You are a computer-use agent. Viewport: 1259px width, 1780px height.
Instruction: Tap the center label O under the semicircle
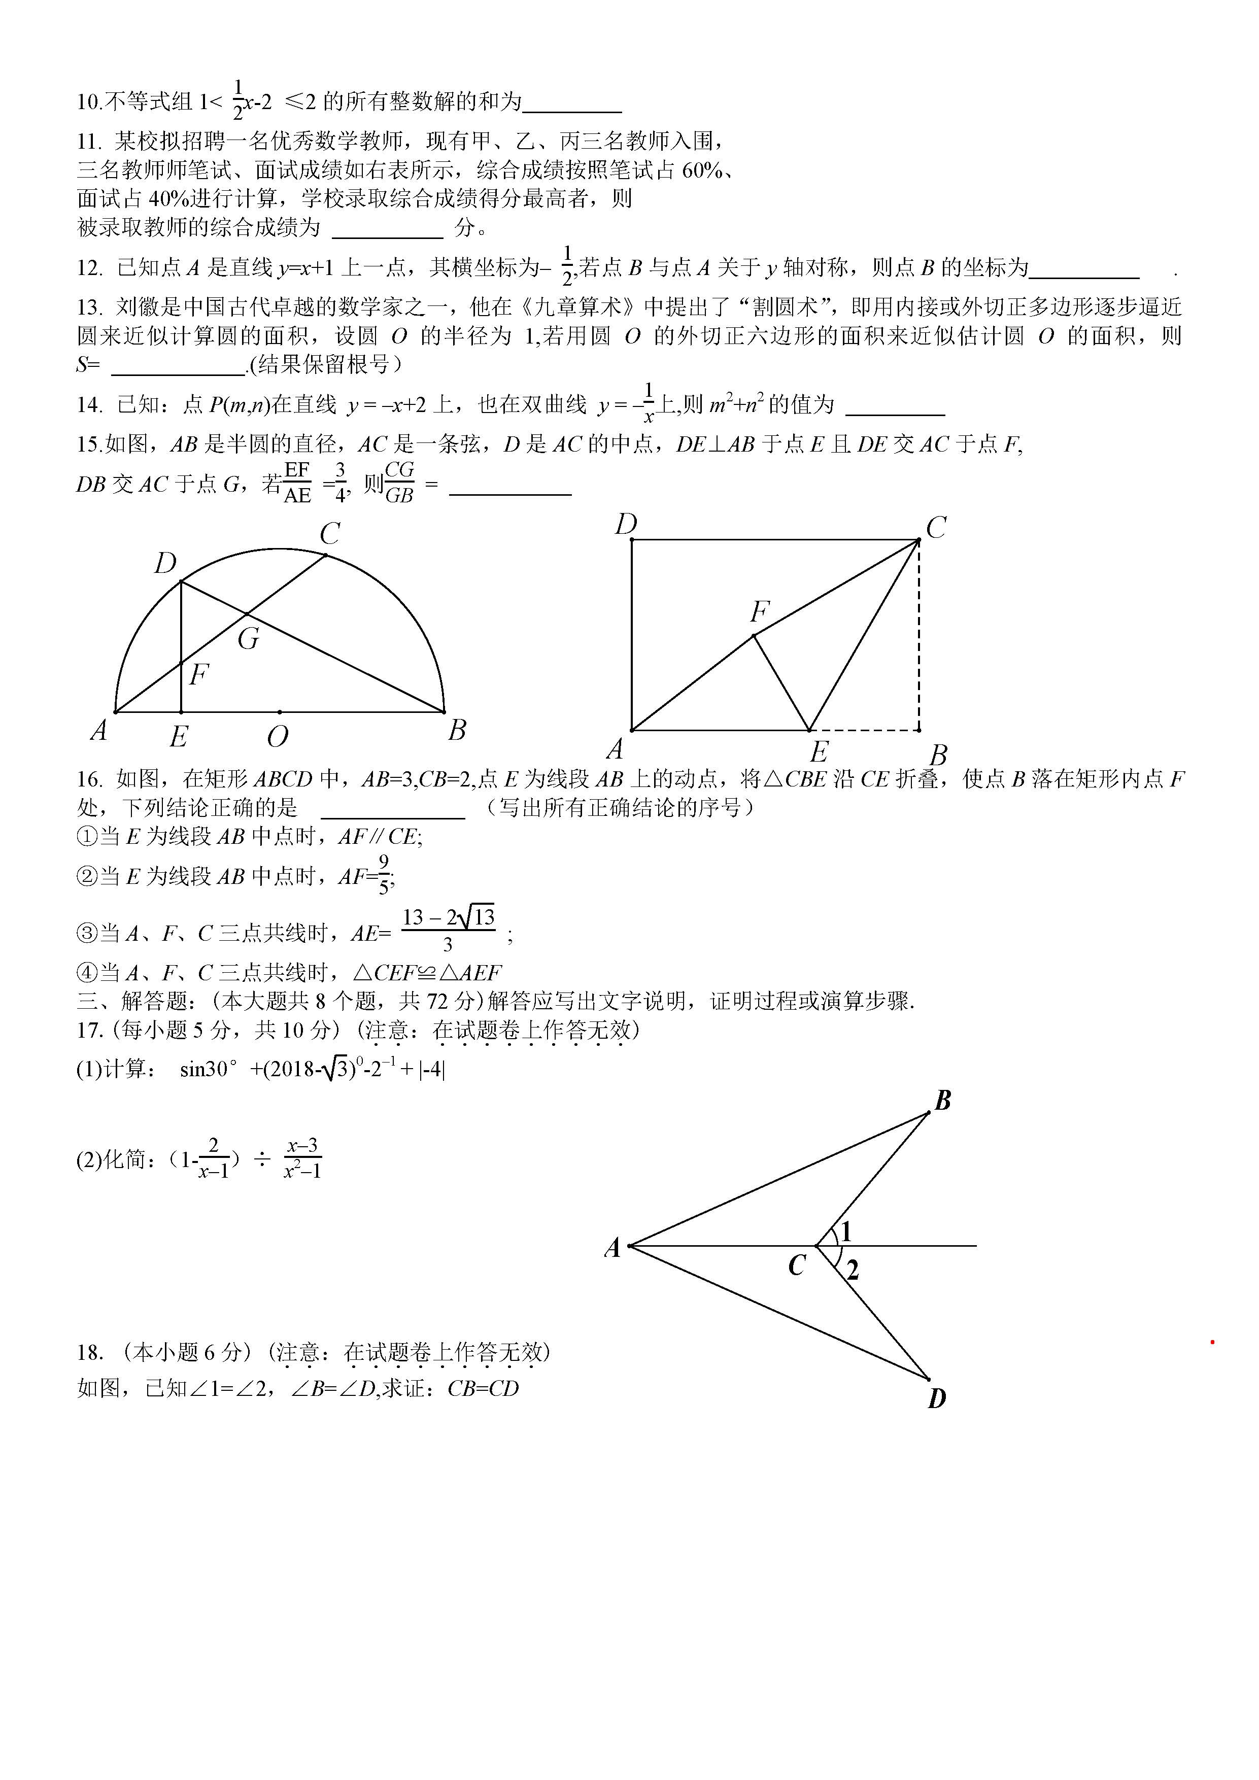[x=278, y=736]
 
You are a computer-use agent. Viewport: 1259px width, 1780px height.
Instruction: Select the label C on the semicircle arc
[x=330, y=533]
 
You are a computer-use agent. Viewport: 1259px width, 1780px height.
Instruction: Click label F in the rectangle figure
[x=760, y=612]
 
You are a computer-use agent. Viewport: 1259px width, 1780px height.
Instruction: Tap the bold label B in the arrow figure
[x=943, y=1100]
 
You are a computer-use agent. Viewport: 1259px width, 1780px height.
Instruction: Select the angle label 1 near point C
[x=846, y=1232]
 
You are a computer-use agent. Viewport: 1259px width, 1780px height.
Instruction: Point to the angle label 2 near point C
[x=853, y=1270]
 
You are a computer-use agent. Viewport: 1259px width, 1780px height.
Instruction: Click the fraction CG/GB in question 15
[x=399, y=482]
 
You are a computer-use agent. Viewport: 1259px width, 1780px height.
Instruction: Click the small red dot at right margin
[x=1212, y=1342]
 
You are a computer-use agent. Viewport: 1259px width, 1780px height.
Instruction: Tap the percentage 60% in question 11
[x=702, y=170]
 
